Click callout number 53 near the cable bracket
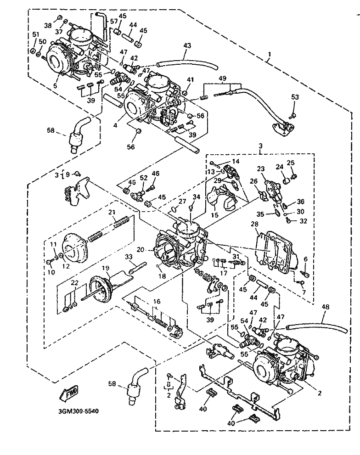(295, 97)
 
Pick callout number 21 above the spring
(111, 212)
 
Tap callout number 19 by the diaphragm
(105, 268)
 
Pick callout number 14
(236, 161)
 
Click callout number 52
(144, 177)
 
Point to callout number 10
(51, 272)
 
